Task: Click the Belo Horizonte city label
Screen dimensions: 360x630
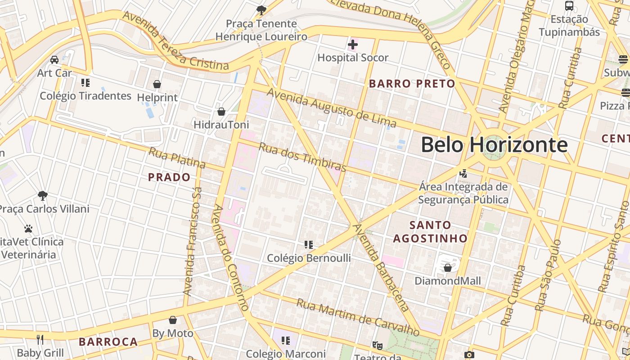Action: point(494,145)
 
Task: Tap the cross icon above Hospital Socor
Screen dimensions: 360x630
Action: point(353,45)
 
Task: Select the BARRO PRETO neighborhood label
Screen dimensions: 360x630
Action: point(412,84)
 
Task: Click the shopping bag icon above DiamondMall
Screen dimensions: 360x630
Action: point(447,268)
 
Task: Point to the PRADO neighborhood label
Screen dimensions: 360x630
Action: point(170,177)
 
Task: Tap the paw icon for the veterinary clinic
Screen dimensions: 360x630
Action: point(28,229)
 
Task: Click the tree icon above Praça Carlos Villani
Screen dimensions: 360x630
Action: point(43,196)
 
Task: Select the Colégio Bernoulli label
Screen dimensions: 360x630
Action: point(309,258)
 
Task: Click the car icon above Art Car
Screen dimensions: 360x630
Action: point(54,60)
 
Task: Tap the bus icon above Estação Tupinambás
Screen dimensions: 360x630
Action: point(569,6)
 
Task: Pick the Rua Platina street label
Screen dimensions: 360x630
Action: point(177,158)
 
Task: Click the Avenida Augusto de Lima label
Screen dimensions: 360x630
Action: point(332,108)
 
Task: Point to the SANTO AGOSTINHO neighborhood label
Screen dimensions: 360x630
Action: point(430,232)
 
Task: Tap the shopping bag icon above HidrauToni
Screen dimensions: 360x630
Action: point(221,112)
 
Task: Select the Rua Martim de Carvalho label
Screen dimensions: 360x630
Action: point(357,317)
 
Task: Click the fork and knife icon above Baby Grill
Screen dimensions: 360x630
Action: point(40,339)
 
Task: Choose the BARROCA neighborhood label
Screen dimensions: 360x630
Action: point(108,342)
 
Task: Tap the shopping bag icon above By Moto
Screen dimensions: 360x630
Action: point(173,320)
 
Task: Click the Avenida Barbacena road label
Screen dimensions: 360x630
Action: point(382,267)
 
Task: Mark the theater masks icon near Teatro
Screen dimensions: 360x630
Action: point(377,345)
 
